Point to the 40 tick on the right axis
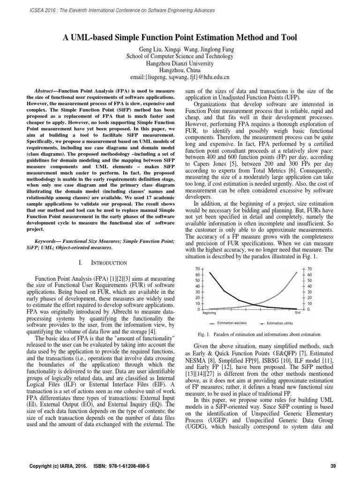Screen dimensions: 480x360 click(307, 286)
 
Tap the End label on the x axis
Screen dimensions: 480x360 click(298, 313)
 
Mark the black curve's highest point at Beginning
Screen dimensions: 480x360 click(209, 272)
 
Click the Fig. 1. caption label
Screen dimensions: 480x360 click(205, 334)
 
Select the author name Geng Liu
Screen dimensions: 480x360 click(151, 49)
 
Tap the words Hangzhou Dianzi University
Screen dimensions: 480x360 click(180, 63)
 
